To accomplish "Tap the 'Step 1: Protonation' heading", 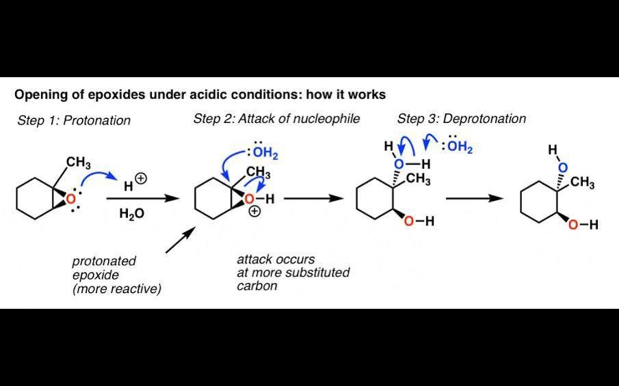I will pos(74,121).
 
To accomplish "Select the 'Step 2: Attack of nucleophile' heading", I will pos(276,119).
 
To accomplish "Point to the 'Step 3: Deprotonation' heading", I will pos(462,119).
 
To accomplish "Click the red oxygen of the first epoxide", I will pos(70,199).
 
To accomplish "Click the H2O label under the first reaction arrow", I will pos(132,214).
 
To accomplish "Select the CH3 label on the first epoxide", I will pos(79,163).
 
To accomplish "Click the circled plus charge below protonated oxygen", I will pos(254,212).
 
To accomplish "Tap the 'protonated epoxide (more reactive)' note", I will pos(116,275).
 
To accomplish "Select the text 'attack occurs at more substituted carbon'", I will pos(293,273).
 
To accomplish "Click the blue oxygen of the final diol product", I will pos(562,167).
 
